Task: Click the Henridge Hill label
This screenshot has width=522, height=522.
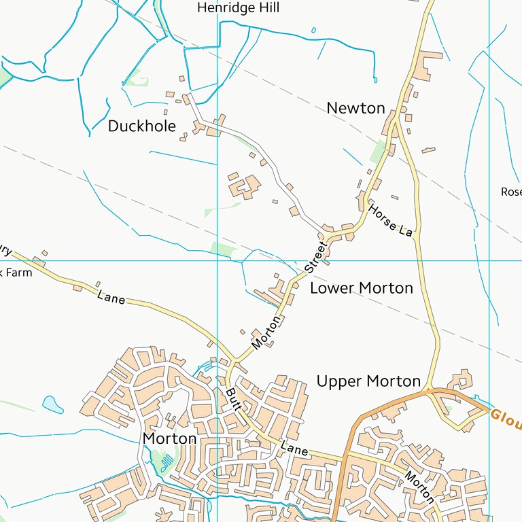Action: pyautogui.click(x=238, y=8)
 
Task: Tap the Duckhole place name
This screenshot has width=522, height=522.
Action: pyautogui.click(x=141, y=126)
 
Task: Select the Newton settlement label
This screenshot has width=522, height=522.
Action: pyautogui.click(x=355, y=108)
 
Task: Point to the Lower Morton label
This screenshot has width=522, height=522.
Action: pyautogui.click(x=361, y=288)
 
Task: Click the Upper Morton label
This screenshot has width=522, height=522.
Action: pyautogui.click(x=368, y=381)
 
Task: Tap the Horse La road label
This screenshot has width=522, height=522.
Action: pyautogui.click(x=391, y=220)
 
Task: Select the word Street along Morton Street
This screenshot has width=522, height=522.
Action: pyautogui.click(x=315, y=257)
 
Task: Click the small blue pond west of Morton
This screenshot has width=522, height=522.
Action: pyautogui.click(x=52, y=404)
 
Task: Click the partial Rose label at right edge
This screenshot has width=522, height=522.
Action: pyautogui.click(x=511, y=192)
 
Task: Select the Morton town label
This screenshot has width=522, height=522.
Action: pyautogui.click(x=169, y=439)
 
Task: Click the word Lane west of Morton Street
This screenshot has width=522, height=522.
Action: pyautogui.click(x=111, y=297)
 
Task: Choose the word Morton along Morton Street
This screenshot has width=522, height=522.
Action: pyautogui.click(x=265, y=333)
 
